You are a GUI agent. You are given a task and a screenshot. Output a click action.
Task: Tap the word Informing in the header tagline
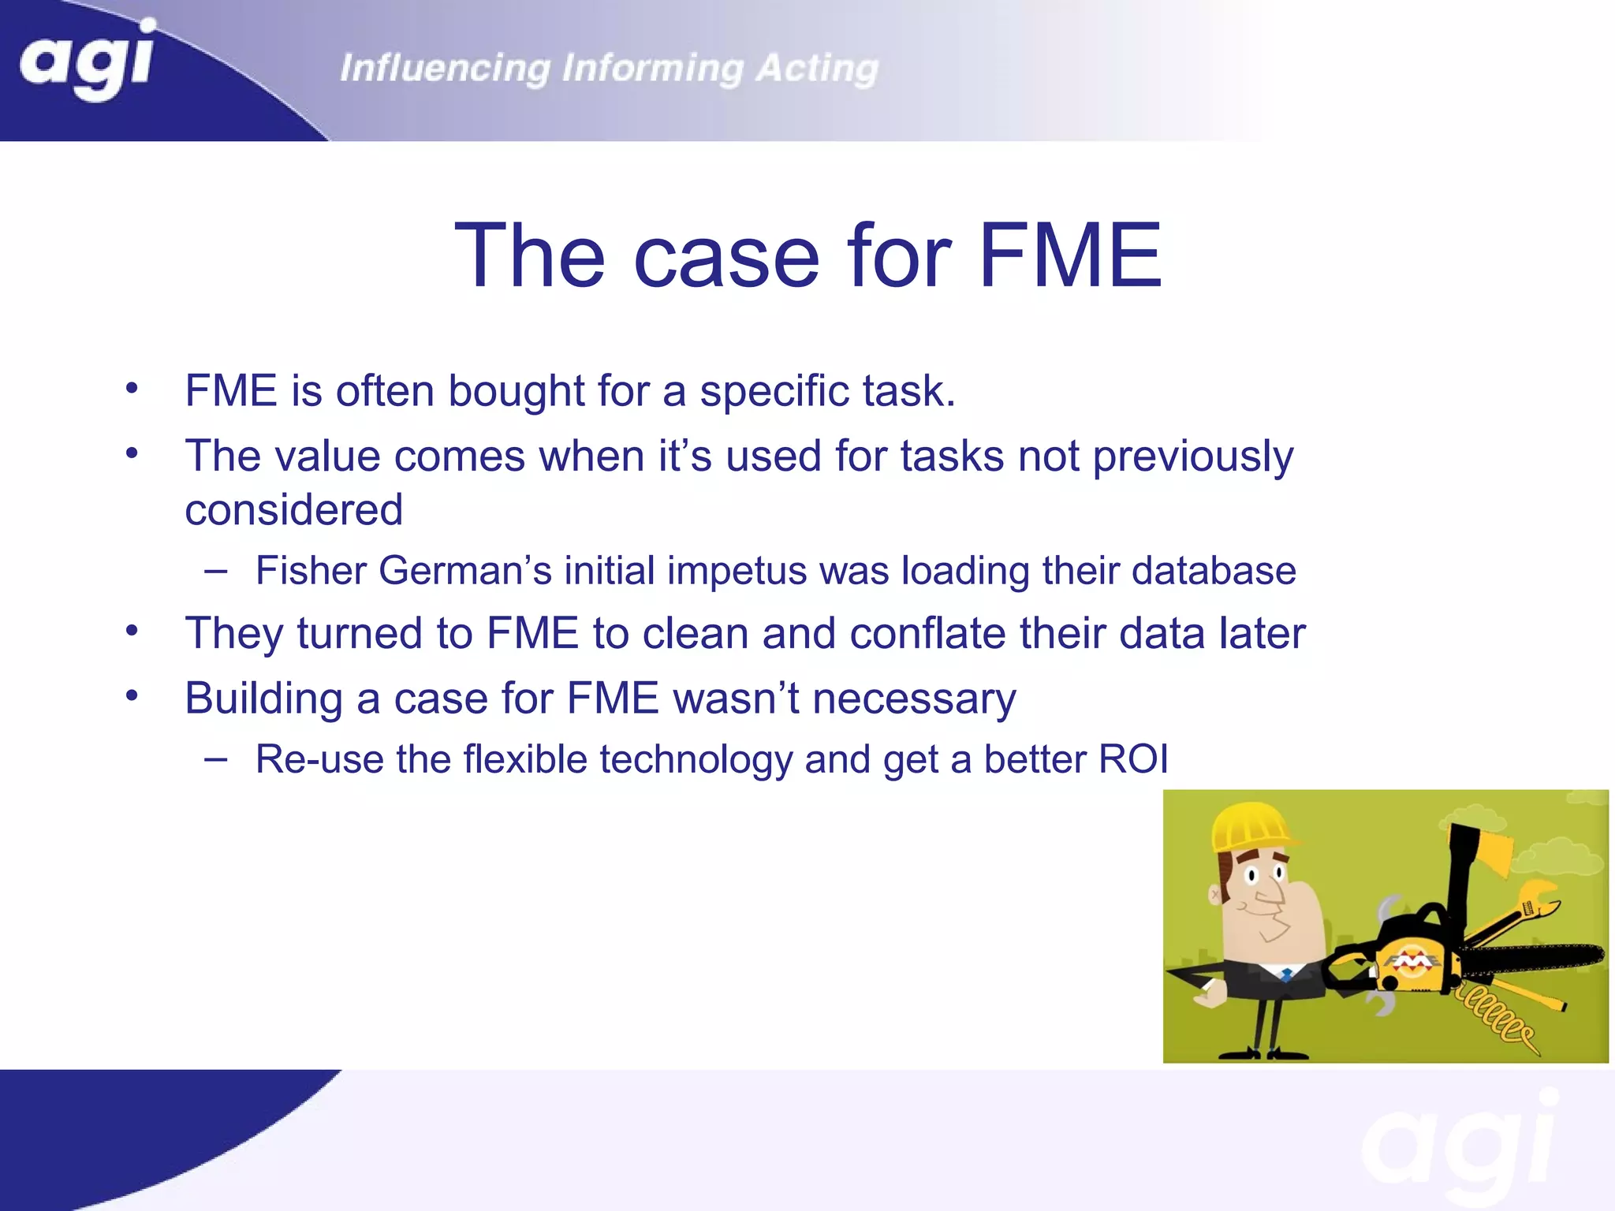coord(652,69)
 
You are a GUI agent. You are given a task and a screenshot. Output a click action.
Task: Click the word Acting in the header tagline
coord(817,69)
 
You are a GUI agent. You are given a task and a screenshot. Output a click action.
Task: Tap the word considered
coord(293,510)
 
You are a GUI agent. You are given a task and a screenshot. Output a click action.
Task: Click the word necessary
coord(914,699)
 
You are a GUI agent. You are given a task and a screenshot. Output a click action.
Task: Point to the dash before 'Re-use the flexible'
coord(215,758)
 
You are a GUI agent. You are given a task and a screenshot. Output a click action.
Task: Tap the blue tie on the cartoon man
coord(1286,975)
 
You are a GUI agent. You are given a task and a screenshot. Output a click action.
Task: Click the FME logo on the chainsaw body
coord(1414,963)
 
